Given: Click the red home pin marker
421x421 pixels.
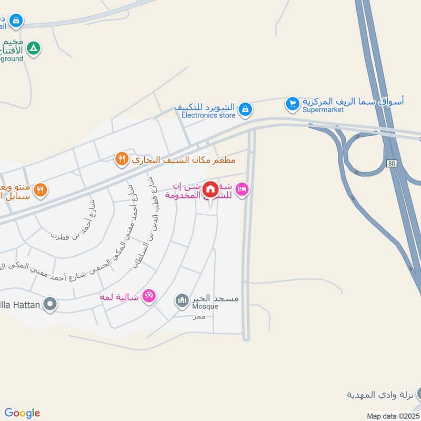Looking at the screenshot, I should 210,188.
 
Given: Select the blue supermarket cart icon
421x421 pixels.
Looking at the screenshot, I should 292,104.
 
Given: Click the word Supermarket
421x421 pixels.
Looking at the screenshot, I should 323,110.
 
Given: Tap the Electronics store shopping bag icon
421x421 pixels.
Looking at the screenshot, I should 244,109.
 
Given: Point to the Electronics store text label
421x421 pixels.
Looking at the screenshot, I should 208,115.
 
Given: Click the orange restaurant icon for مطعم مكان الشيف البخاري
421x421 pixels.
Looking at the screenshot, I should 122,158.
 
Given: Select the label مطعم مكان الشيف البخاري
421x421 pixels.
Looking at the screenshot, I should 183,158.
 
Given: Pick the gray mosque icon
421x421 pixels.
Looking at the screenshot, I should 182,300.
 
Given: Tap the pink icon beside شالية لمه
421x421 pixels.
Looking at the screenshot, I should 149,297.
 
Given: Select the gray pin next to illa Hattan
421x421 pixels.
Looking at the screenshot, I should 50,304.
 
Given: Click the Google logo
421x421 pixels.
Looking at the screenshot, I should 22,413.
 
